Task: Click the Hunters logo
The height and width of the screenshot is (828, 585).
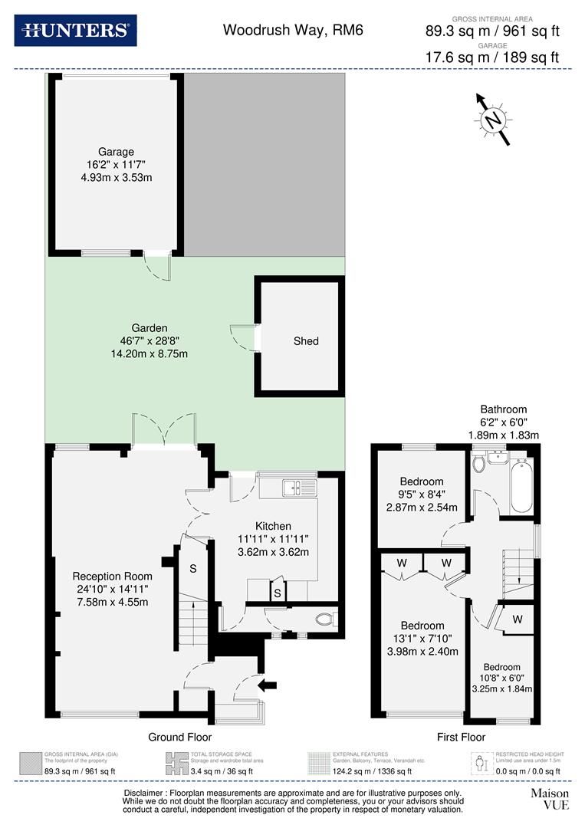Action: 75,31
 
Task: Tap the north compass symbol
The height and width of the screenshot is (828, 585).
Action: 494,119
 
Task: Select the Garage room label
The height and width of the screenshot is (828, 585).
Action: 116,152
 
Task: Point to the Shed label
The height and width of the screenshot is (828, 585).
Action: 305,340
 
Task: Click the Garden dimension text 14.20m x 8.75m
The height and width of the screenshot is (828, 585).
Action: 150,353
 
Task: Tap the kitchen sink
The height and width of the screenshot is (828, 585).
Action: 292,487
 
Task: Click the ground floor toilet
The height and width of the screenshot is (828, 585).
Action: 325,619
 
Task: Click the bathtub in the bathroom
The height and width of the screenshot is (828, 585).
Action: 521,486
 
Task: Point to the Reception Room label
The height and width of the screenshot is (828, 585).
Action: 113,576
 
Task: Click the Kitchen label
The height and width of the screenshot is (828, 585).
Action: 274,526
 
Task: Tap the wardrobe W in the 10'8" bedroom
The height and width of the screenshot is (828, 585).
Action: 518,619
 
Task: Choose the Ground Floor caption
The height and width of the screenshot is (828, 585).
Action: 179,737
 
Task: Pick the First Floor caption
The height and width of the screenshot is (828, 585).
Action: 461,737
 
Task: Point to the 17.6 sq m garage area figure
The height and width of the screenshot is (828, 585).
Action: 452,57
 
